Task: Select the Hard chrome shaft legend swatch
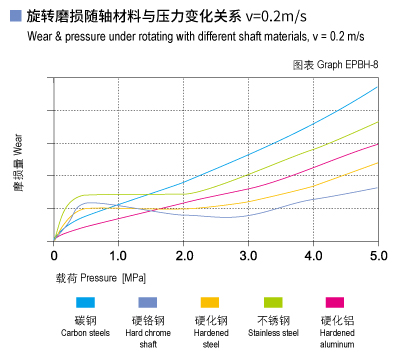coord(147,302)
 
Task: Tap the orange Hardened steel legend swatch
coord(210,302)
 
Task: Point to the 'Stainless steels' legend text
coord(273,332)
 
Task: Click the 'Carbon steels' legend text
coord(85,332)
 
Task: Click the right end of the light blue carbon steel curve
coord(377,87)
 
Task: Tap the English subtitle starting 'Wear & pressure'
coord(190,38)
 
